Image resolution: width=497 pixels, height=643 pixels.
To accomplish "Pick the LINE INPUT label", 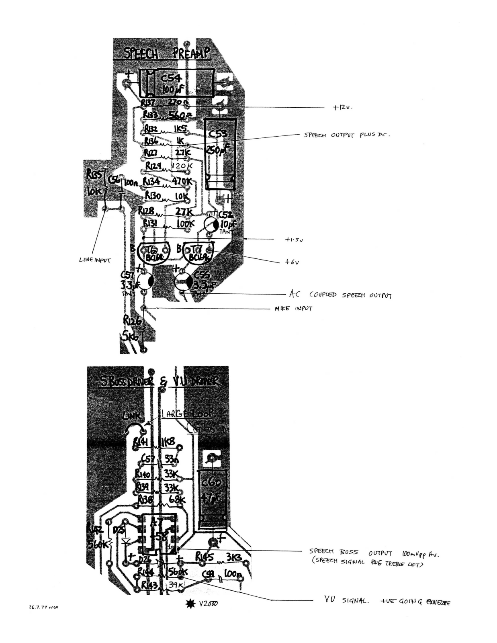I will pos(95,260).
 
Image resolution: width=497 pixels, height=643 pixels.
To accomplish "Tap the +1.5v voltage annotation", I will pos(294,240).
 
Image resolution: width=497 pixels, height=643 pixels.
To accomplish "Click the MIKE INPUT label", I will pos(293,309).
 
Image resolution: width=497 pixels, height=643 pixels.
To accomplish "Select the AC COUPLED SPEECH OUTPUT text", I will pos(340,295).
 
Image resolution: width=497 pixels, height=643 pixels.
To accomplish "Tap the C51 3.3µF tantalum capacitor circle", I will pos(145,281).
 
